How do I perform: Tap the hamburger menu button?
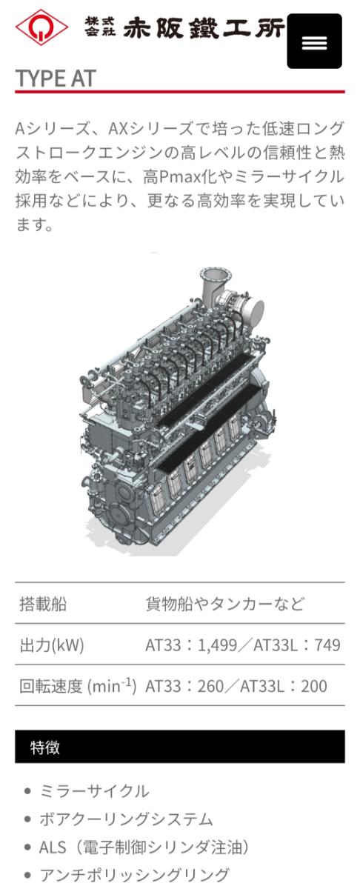314,41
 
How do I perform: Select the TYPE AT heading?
56,78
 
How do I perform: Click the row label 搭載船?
43,604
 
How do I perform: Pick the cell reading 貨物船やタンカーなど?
224,604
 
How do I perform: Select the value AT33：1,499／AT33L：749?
243,645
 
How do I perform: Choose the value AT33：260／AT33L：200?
236,686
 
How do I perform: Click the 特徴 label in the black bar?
45,747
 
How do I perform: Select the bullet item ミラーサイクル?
94,790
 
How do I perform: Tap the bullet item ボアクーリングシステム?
126,819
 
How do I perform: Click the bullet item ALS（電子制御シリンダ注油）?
144,847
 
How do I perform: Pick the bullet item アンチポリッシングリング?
134,875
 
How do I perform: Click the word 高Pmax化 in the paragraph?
177,177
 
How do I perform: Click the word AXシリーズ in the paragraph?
149,128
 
